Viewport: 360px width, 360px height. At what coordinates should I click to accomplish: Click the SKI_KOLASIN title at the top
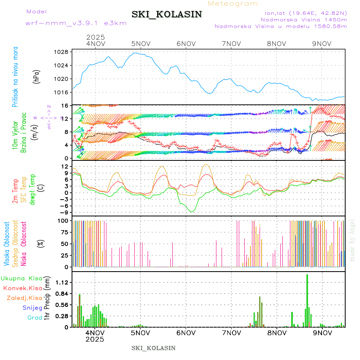coord(167,14)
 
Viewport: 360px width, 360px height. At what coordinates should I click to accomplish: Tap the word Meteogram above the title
coord(233,4)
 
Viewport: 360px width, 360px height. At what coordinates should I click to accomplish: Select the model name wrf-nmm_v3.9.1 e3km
coord(76,23)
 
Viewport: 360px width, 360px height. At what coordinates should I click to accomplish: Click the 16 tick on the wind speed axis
coord(64,105)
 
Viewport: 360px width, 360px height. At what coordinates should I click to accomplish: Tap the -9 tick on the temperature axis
coord(63,212)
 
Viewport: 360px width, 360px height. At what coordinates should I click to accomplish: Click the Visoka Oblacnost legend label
coord(7,244)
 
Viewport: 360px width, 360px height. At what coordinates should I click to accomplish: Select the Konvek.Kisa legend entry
coord(23,288)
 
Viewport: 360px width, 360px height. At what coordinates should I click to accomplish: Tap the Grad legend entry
coord(35,318)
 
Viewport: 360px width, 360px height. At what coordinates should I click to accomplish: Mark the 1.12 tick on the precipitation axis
coord(61,282)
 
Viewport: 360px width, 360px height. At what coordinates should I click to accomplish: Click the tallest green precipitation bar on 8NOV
coord(307,300)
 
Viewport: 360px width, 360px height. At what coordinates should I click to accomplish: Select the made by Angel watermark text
coord(352,240)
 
